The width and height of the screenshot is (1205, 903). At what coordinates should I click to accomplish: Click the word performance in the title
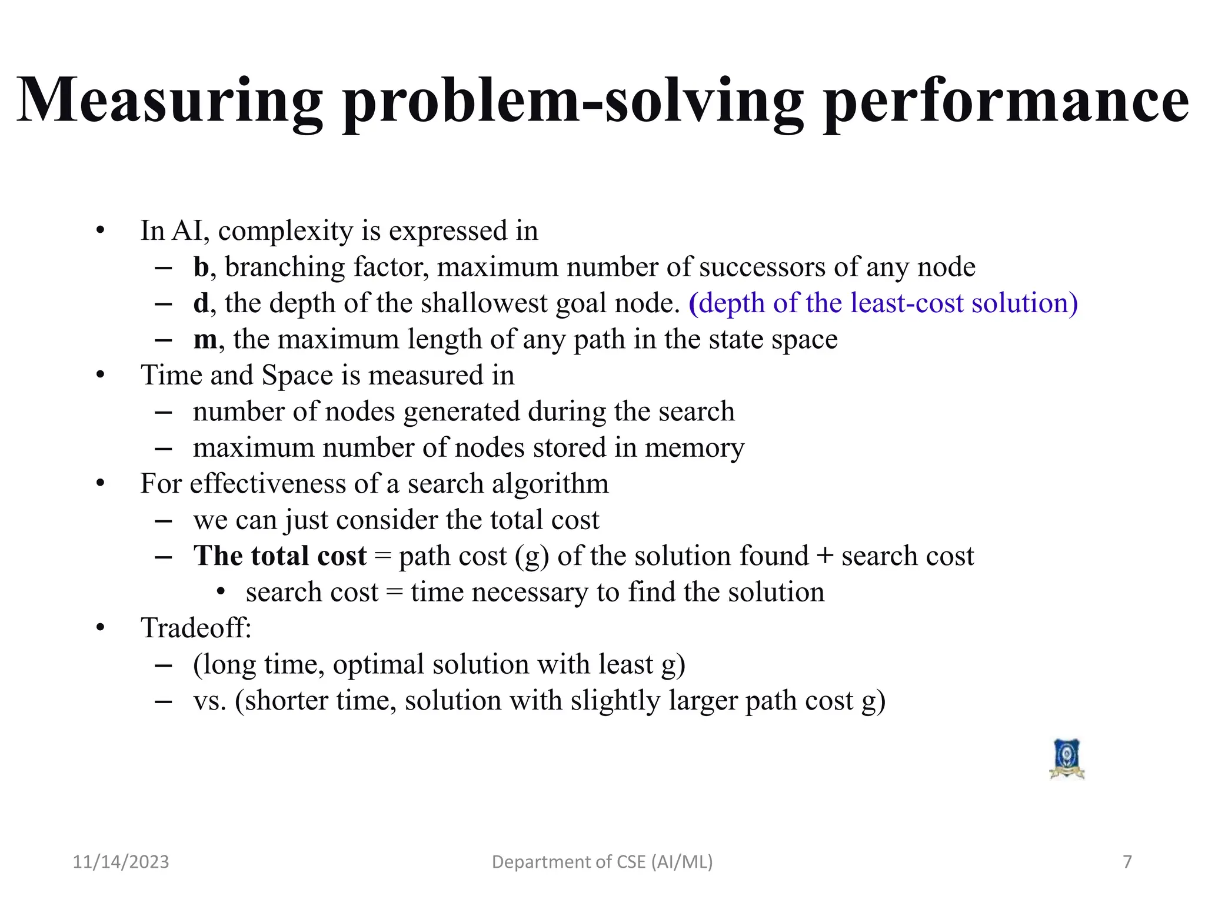(x=1006, y=101)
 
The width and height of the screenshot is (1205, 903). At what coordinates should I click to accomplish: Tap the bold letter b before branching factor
(x=201, y=267)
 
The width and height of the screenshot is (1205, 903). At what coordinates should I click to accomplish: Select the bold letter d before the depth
(x=201, y=303)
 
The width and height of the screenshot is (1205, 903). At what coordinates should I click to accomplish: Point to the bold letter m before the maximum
(x=205, y=340)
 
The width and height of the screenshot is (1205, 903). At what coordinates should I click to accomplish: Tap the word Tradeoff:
(x=196, y=628)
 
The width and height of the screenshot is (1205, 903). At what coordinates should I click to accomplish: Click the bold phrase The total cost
(x=280, y=556)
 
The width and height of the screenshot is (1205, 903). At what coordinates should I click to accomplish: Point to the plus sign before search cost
(x=825, y=556)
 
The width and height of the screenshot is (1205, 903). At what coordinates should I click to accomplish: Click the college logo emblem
(x=1067, y=759)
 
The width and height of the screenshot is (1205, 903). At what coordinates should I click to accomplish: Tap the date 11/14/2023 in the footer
(x=121, y=862)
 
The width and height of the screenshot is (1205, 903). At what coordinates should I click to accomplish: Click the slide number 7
(x=1127, y=862)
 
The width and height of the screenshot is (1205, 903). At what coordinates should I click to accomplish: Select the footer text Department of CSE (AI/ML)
(x=602, y=862)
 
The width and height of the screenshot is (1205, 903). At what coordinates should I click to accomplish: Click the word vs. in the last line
(x=209, y=701)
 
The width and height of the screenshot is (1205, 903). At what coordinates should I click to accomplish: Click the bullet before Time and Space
(x=101, y=375)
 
